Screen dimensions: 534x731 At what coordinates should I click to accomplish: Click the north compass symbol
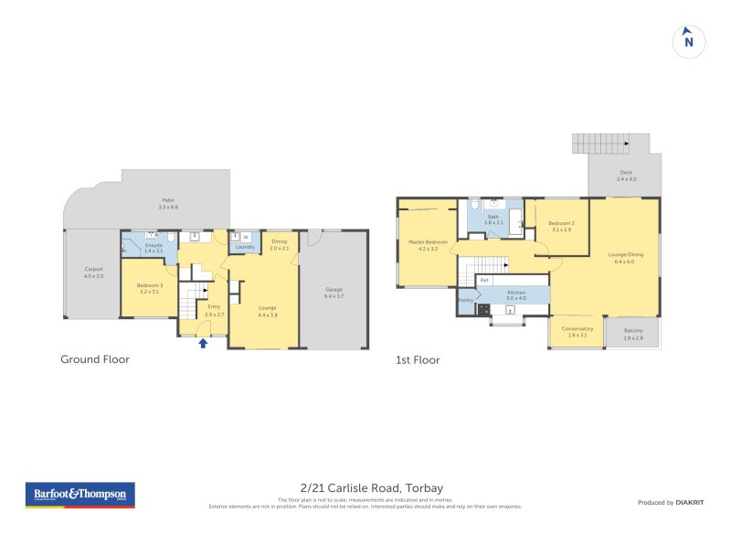pyautogui.click(x=689, y=41)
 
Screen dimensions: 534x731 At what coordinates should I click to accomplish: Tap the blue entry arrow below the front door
pyautogui.click(x=203, y=343)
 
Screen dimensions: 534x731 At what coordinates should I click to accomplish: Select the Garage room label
pyautogui.click(x=334, y=290)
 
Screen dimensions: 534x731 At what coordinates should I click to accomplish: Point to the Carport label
pyautogui.click(x=93, y=269)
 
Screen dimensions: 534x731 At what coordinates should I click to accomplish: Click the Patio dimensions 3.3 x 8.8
pyautogui.click(x=168, y=208)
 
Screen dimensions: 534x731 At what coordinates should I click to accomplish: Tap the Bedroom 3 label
pyautogui.click(x=149, y=285)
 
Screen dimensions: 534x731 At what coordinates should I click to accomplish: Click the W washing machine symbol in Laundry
pyautogui.click(x=245, y=237)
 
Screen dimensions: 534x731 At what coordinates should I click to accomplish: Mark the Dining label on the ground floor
pyautogui.click(x=280, y=241)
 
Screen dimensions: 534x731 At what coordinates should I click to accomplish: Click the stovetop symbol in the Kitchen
pyautogui.click(x=482, y=309)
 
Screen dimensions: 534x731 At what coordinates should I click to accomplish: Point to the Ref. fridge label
pyautogui.click(x=484, y=280)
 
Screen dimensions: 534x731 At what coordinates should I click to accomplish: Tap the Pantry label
pyautogui.click(x=465, y=299)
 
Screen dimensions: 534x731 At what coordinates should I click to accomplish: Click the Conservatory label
pyautogui.click(x=577, y=328)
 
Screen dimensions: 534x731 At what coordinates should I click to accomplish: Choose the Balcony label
pyautogui.click(x=633, y=330)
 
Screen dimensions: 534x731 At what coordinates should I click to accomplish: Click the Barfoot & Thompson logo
pyautogui.click(x=80, y=495)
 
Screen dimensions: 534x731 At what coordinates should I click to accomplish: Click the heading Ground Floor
pyautogui.click(x=95, y=359)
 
